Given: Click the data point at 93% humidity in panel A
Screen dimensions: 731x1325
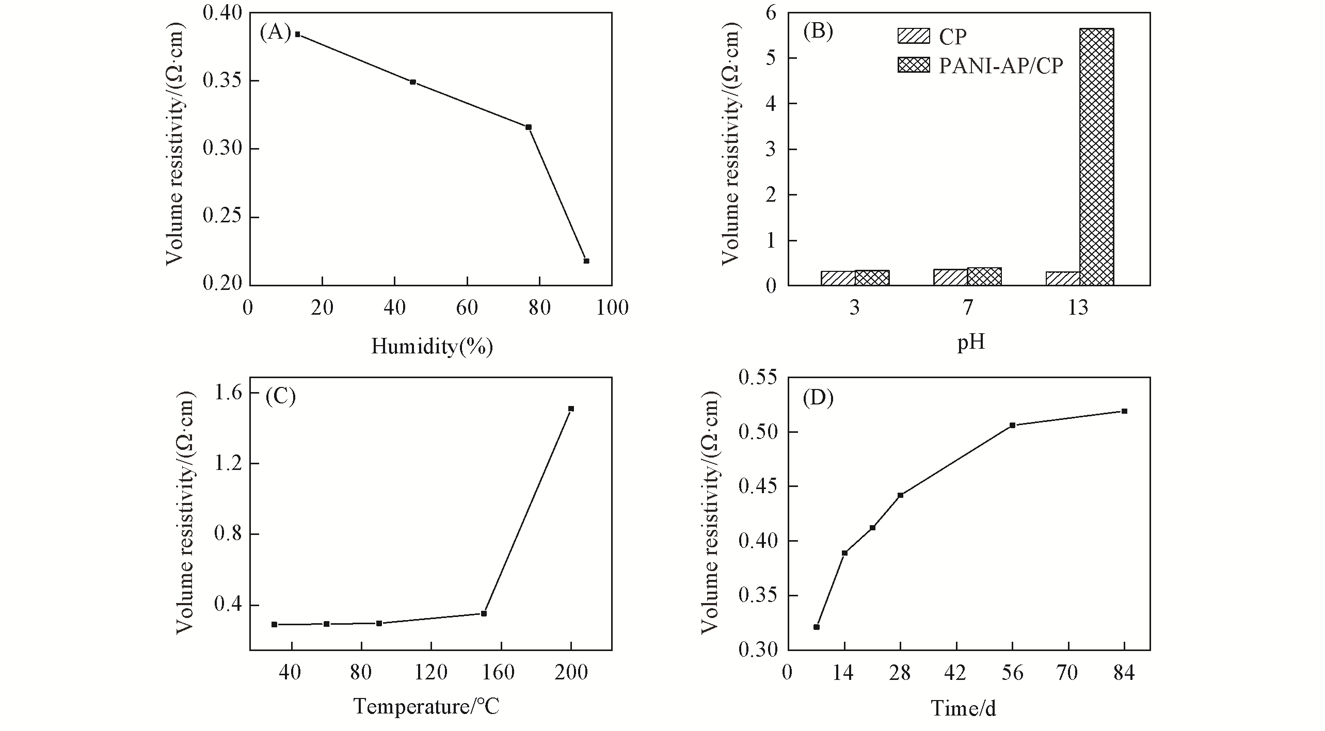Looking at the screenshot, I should click(586, 261).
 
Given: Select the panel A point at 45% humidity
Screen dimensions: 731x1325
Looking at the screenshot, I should click(413, 82).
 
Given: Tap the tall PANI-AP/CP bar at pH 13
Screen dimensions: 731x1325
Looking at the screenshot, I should click(1097, 157).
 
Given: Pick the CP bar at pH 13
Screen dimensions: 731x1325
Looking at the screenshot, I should click(1063, 279).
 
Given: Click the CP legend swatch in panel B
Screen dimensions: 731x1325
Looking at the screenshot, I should click(914, 36).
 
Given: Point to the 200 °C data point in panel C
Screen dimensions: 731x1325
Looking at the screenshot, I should click(571, 409).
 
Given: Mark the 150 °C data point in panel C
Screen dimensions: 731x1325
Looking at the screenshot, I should click(484, 613).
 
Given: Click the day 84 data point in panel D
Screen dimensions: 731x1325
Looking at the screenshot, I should click(1124, 411).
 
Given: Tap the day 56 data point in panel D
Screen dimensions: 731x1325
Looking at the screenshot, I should click(1013, 425).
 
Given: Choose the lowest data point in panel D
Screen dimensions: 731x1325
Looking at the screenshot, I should click(817, 627).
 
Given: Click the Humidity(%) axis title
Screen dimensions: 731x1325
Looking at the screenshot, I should click(432, 347).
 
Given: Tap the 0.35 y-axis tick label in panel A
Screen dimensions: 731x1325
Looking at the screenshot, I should click(222, 82).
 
